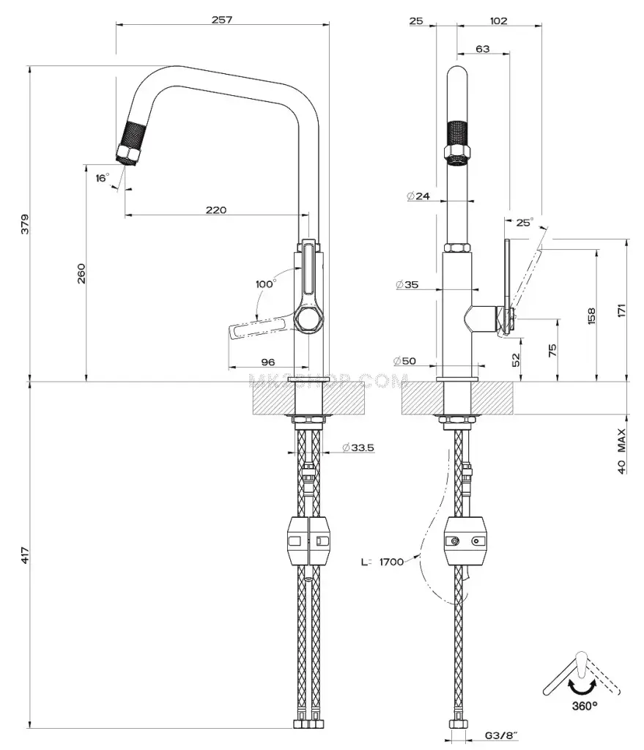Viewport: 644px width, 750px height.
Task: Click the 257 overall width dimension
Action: click(x=221, y=20)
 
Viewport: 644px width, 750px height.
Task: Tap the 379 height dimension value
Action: click(x=24, y=223)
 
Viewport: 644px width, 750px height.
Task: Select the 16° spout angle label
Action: click(x=102, y=178)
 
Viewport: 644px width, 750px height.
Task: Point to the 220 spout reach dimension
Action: click(x=215, y=210)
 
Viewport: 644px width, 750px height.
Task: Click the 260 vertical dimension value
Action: click(x=81, y=272)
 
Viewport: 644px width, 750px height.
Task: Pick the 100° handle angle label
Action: click(x=264, y=283)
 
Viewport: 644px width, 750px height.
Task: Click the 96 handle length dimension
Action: click(x=267, y=362)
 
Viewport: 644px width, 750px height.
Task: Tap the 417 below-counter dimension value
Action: click(x=24, y=555)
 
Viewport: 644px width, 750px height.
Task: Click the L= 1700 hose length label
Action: click(x=382, y=562)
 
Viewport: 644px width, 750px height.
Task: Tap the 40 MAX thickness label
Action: click(x=621, y=451)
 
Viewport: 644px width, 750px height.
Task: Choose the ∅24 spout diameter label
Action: click(x=418, y=196)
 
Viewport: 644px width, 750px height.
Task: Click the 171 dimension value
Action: click(x=621, y=311)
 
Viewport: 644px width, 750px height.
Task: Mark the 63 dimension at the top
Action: click(x=483, y=49)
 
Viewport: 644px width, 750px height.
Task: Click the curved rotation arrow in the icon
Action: click(x=583, y=686)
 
